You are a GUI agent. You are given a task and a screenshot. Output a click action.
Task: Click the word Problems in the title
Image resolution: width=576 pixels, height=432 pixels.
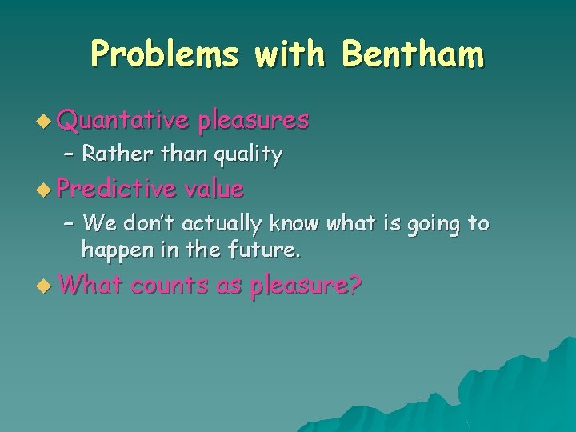point(164,55)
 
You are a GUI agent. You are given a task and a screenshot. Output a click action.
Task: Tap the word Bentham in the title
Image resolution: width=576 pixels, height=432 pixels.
point(413,55)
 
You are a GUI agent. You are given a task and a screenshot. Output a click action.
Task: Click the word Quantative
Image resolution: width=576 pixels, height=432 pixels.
point(123,120)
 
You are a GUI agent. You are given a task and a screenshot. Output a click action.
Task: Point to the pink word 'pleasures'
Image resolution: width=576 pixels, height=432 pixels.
point(254,120)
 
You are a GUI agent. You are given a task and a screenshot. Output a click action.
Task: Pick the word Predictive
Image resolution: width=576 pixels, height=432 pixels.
point(117,189)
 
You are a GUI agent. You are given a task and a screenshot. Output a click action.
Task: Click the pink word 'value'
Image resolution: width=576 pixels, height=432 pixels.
point(214,189)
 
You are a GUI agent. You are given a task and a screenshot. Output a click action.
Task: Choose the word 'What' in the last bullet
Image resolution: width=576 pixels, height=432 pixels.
point(89,285)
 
